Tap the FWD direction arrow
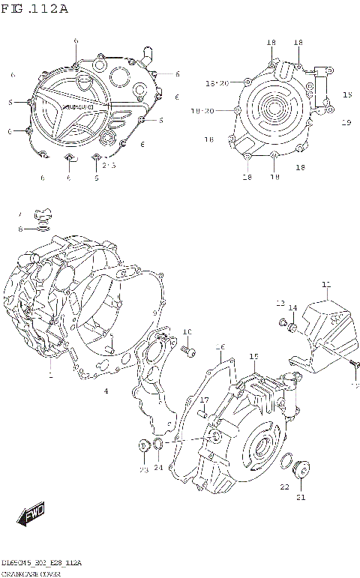31,514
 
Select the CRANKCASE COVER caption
34,573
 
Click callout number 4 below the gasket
106,391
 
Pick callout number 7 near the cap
21,214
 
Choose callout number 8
21,228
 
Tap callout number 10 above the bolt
187,331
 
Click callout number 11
325,284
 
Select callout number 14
293,307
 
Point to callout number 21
301,496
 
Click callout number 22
284,486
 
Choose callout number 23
142,469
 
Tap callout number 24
158,468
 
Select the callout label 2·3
109,164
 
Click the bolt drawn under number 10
187,350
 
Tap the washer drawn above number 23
143,448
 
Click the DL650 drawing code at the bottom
41,562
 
